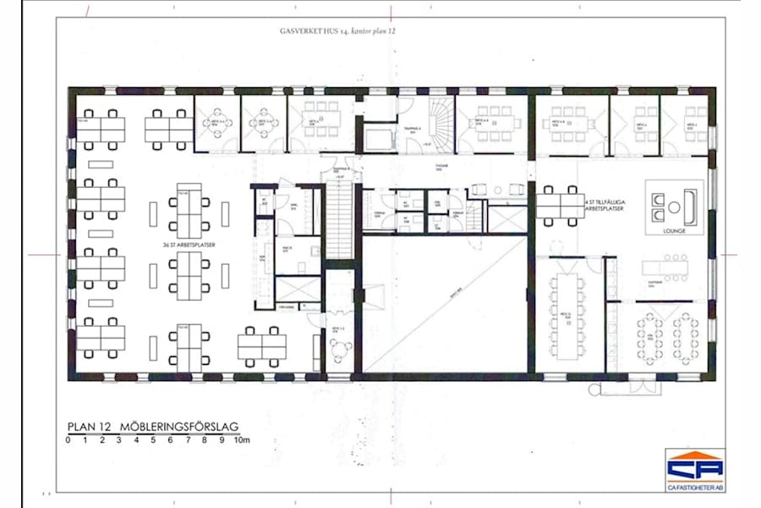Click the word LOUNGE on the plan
click(674, 229)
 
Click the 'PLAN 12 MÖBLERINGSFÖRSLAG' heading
click(156, 427)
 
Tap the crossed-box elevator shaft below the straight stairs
click(298, 290)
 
